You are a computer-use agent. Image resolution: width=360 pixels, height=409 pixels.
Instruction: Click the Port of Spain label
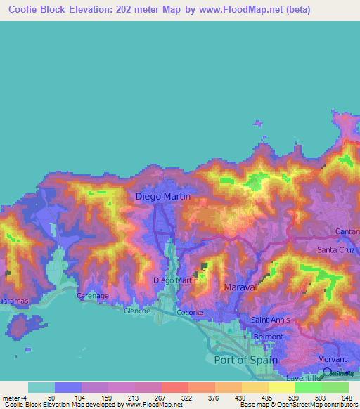point(245,360)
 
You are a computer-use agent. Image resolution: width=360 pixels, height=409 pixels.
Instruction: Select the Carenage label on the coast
point(92,296)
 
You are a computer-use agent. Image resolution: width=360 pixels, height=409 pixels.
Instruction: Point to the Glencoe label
point(137,310)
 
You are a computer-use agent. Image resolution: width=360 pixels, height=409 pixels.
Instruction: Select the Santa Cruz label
point(337,249)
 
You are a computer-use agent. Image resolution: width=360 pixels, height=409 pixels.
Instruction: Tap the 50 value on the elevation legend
point(51,398)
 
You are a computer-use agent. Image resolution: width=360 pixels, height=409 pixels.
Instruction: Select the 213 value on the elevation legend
point(131,398)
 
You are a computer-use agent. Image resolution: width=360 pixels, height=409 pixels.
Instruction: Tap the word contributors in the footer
point(340,405)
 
